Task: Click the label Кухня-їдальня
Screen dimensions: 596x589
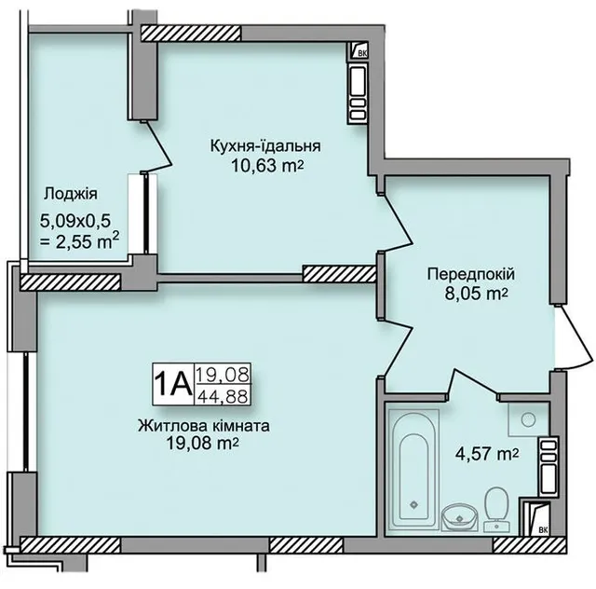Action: (x=265, y=146)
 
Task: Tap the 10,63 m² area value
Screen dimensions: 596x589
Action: (x=267, y=166)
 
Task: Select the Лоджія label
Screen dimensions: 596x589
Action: (x=71, y=194)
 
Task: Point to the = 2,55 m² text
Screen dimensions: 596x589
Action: (x=80, y=242)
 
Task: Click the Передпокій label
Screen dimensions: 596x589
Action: (x=471, y=274)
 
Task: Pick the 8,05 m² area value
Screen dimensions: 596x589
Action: (x=476, y=294)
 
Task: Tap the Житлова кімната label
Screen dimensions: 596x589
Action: (x=204, y=425)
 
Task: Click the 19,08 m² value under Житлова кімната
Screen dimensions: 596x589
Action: (x=203, y=443)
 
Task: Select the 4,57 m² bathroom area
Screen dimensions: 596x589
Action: (x=487, y=454)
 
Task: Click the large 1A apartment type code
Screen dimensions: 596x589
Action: (x=173, y=384)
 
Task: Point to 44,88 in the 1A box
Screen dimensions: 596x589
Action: (x=223, y=396)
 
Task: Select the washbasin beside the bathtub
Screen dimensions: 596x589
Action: (x=460, y=517)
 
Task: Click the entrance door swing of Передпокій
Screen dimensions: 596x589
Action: (x=574, y=336)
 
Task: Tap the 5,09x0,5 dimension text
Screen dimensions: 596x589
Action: (x=75, y=221)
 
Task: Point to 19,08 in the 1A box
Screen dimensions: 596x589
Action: (x=223, y=375)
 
